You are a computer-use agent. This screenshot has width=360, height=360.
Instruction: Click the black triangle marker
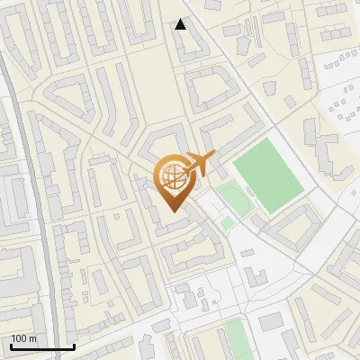(181, 24)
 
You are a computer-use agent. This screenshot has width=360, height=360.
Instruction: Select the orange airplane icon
(200, 165)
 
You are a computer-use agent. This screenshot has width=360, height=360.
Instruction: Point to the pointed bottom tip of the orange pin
(171, 211)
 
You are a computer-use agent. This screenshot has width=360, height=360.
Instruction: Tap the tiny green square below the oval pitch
(228, 221)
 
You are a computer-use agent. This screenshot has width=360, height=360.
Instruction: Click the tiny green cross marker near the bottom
(214, 302)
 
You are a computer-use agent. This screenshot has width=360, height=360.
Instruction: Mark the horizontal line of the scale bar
(42, 346)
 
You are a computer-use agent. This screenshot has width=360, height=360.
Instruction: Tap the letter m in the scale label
(33, 339)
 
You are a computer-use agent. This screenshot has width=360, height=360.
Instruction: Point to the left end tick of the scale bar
(11, 345)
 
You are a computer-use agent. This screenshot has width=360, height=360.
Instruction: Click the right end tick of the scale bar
(74, 345)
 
